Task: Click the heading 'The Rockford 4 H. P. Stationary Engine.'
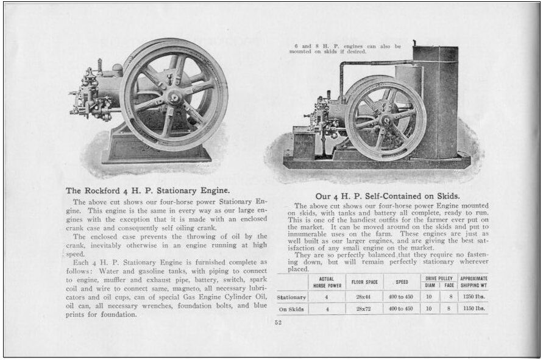[x=147, y=190]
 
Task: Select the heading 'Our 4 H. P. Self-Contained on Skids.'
[x=387, y=196]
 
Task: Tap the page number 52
[x=278, y=323]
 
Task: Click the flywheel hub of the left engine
[x=174, y=96]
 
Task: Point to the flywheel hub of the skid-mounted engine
[x=385, y=119]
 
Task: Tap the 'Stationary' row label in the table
[x=292, y=297]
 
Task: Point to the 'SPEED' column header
[x=402, y=283]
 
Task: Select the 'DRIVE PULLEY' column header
[x=440, y=278]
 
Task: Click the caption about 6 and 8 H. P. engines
[x=345, y=49]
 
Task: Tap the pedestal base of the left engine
[x=156, y=149]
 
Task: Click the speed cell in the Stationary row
[x=402, y=297]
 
